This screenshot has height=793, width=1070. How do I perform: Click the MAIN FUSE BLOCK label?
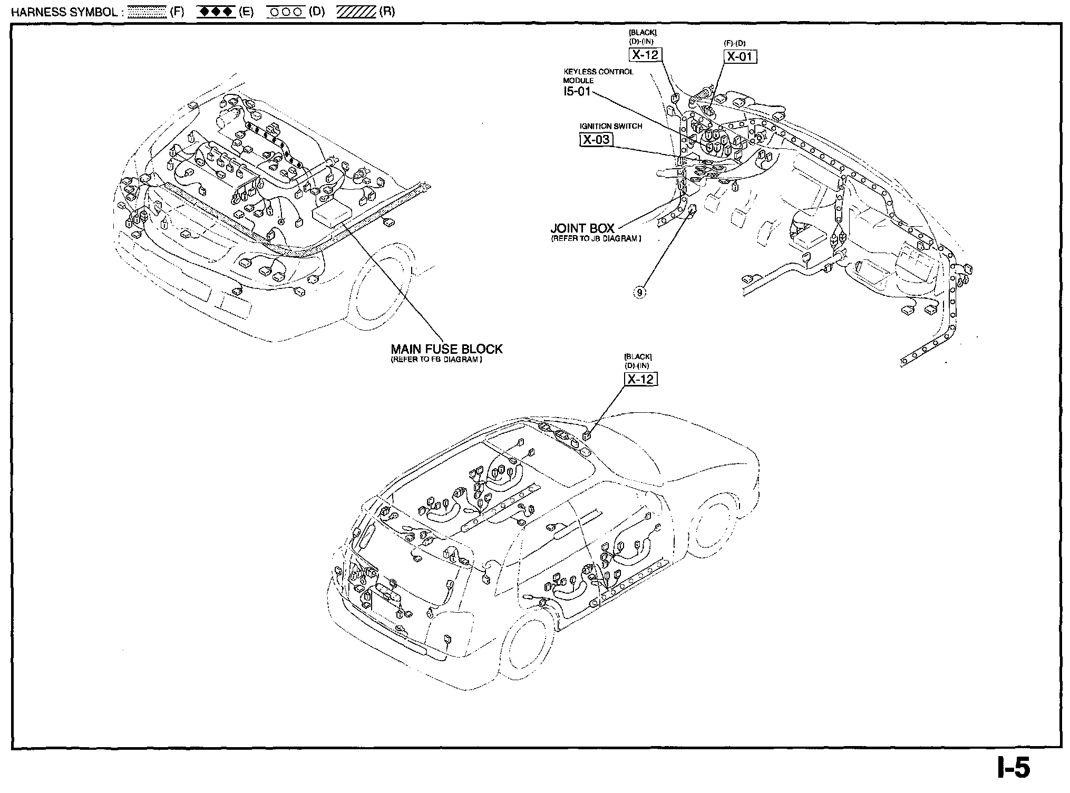point(446,349)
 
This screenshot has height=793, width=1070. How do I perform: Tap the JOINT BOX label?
point(582,228)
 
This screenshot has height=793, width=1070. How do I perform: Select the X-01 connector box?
point(740,56)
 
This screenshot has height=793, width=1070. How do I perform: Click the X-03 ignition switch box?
point(596,139)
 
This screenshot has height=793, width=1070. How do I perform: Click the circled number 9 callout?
point(640,293)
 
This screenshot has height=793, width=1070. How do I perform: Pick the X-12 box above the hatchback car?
point(641,379)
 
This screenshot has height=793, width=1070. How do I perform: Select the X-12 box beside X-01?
point(645,54)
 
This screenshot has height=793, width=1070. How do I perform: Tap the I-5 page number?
point(1013,769)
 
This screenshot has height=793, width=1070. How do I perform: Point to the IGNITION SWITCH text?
point(611,127)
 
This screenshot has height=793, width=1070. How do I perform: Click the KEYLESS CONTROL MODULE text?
point(598,76)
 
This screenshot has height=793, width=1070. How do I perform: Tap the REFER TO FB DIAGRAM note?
point(436,360)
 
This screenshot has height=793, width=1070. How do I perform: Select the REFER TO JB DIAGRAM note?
point(596,239)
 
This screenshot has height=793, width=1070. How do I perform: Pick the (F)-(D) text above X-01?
point(735,43)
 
